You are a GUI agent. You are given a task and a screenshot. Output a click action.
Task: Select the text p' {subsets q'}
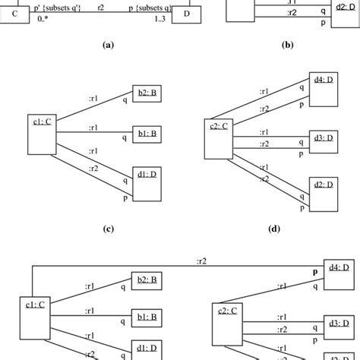point(64,7)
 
